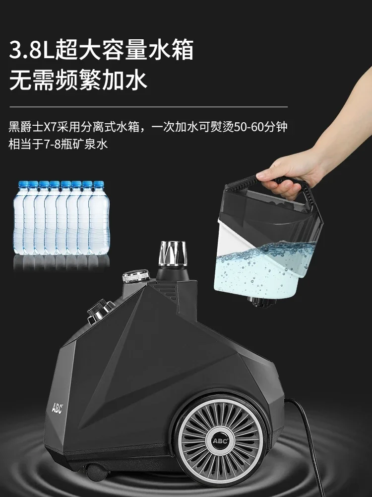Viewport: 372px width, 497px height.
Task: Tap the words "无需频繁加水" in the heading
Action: point(78,80)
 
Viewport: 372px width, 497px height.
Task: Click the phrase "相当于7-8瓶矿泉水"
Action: point(58,144)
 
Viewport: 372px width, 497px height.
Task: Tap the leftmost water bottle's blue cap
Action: point(22,184)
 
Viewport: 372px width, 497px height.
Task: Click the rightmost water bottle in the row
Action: point(99,219)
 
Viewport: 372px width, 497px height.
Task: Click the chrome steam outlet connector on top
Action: point(172,253)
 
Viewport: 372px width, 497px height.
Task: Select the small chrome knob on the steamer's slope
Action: point(99,308)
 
